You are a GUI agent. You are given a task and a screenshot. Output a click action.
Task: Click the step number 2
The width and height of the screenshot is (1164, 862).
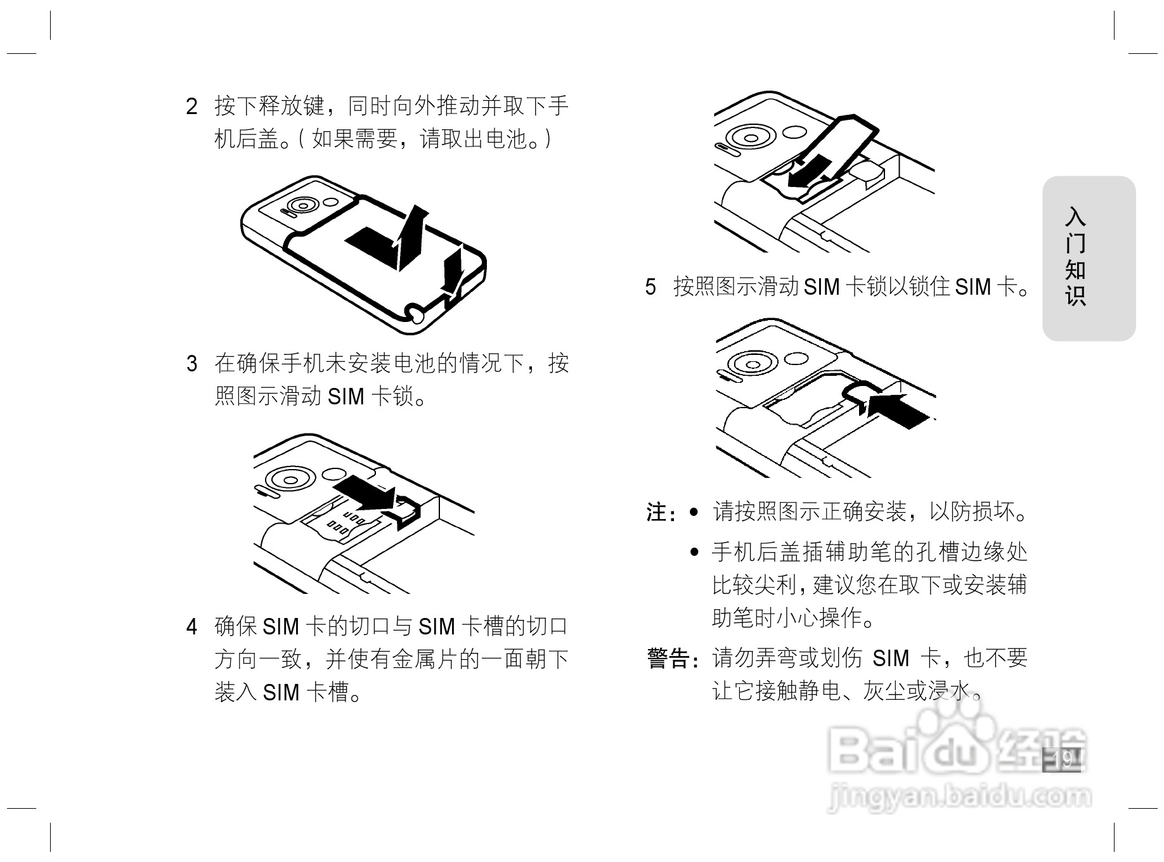click(x=191, y=106)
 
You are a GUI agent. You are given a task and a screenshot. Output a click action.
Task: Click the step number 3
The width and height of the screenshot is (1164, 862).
click(x=191, y=364)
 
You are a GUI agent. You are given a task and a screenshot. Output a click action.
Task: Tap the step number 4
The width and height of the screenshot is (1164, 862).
click(x=191, y=627)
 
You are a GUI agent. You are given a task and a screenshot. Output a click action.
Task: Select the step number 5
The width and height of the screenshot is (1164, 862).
click(x=650, y=287)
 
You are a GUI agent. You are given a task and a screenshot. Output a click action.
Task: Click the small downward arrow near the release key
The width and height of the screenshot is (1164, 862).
click(x=453, y=269)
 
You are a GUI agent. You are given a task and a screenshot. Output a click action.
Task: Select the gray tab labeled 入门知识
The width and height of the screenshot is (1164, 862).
click(x=1088, y=259)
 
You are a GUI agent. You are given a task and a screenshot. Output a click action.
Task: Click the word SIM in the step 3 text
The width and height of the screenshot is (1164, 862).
click(x=346, y=397)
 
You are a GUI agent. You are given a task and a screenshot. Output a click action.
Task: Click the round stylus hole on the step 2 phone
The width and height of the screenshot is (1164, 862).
click(x=417, y=313)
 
